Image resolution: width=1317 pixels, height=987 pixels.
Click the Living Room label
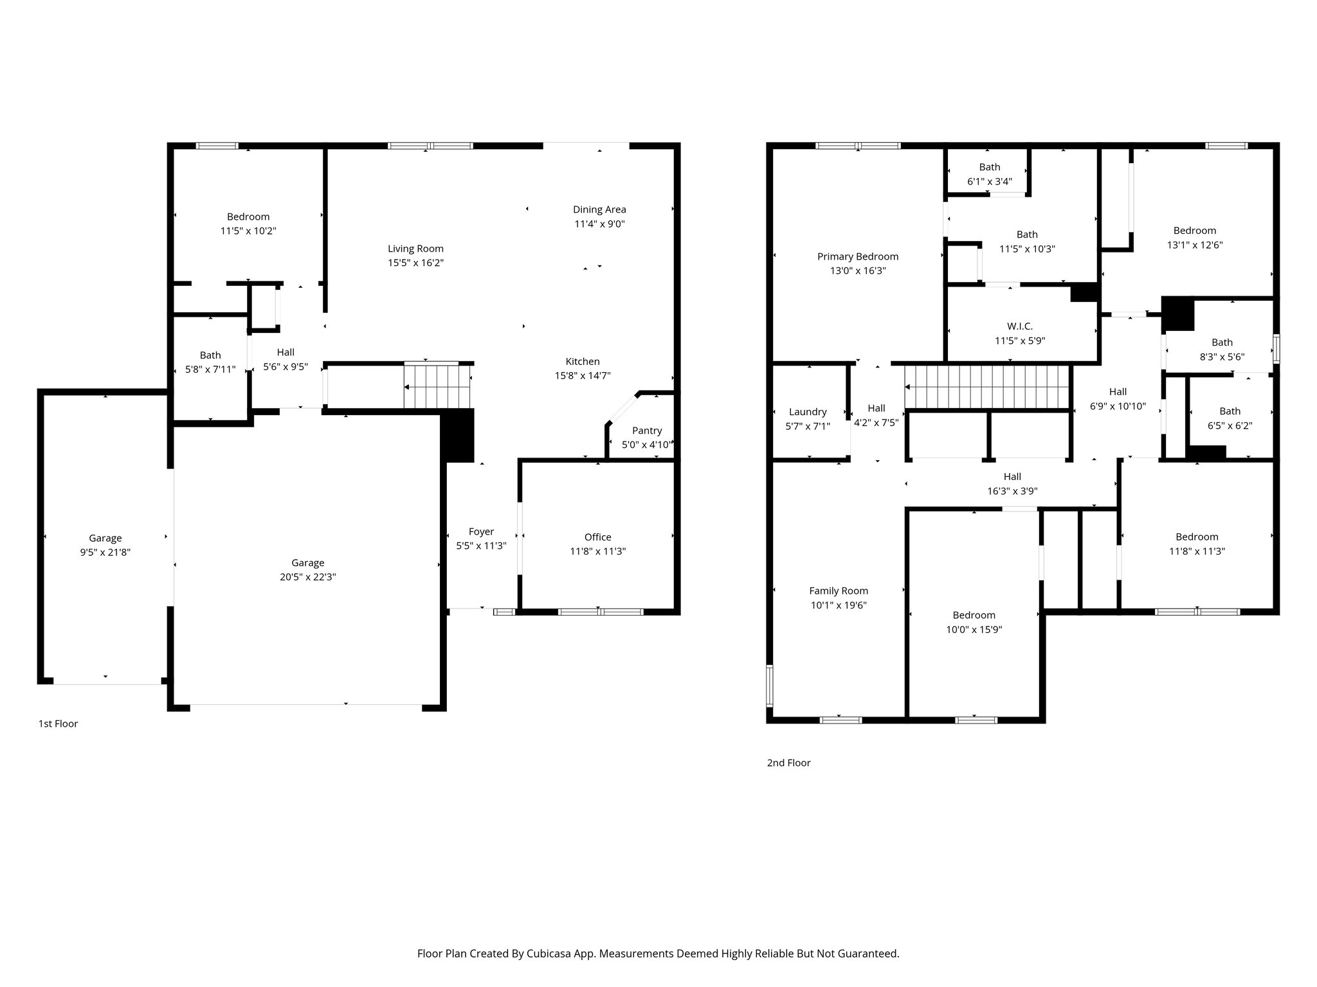(415, 249)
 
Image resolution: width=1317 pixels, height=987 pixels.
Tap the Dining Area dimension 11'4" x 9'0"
(599, 224)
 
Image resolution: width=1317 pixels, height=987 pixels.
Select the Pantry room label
(646, 431)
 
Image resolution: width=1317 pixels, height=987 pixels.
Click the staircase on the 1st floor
(437, 386)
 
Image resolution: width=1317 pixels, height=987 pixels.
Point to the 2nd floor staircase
(986, 387)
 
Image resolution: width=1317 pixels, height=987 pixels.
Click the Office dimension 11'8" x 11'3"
(597, 551)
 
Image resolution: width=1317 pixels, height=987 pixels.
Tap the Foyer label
(481, 531)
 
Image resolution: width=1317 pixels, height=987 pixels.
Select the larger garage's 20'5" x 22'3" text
(307, 577)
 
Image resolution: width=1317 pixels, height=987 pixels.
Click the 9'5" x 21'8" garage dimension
(105, 552)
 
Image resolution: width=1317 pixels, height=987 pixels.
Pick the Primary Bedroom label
(858, 256)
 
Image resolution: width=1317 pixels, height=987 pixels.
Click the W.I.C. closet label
(1020, 326)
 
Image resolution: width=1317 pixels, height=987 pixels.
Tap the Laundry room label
(808, 412)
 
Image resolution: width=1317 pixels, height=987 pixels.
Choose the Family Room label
(839, 591)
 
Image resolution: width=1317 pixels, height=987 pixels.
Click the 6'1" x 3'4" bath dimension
(989, 181)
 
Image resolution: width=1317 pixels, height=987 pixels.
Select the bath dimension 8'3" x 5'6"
(1222, 357)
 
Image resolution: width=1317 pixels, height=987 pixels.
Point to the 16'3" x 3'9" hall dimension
(1012, 491)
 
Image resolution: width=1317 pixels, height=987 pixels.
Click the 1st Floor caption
(58, 724)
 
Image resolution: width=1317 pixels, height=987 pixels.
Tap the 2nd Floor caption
(788, 763)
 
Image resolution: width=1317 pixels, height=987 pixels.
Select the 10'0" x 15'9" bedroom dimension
(974, 630)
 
